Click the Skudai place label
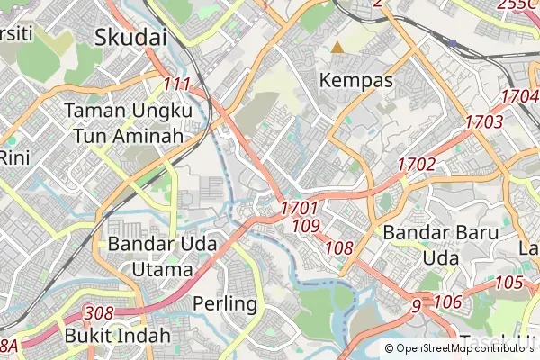(x=131, y=37)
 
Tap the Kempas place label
(x=357, y=80)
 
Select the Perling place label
(x=225, y=303)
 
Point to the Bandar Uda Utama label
(x=150, y=256)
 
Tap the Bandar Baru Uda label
(x=428, y=245)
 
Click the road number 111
(x=177, y=85)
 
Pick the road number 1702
(x=417, y=165)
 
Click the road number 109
(x=306, y=226)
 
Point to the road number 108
(x=339, y=247)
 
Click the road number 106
(x=447, y=301)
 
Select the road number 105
(x=508, y=283)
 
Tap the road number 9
(x=416, y=307)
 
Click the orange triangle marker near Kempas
(x=337, y=47)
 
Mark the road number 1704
(x=519, y=95)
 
